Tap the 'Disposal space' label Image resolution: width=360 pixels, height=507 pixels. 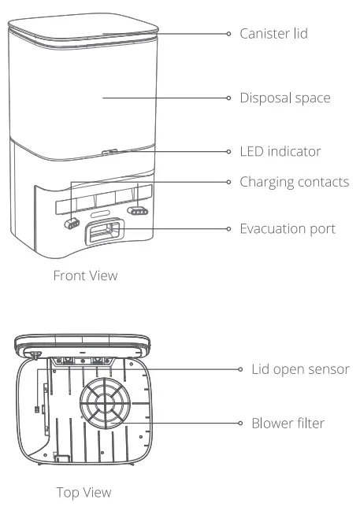(x=284, y=98)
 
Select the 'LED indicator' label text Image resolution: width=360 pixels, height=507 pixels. (x=280, y=150)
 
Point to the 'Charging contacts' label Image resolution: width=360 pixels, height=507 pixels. (x=294, y=182)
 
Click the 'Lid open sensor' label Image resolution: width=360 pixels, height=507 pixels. (x=299, y=368)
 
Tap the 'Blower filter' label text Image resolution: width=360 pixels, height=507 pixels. (x=288, y=423)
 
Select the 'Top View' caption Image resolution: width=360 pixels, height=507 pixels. (x=84, y=492)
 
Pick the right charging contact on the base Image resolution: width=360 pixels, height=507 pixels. (x=139, y=211)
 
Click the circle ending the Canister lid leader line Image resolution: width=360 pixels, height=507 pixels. (x=229, y=34)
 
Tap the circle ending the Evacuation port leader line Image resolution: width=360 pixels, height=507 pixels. (x=229, y=228)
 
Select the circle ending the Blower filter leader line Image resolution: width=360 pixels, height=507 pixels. (x=241, y=423)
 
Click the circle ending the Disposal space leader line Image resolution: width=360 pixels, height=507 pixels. (x=229, y=98)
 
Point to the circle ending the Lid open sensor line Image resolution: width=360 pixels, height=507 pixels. (x=241, y=368)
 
